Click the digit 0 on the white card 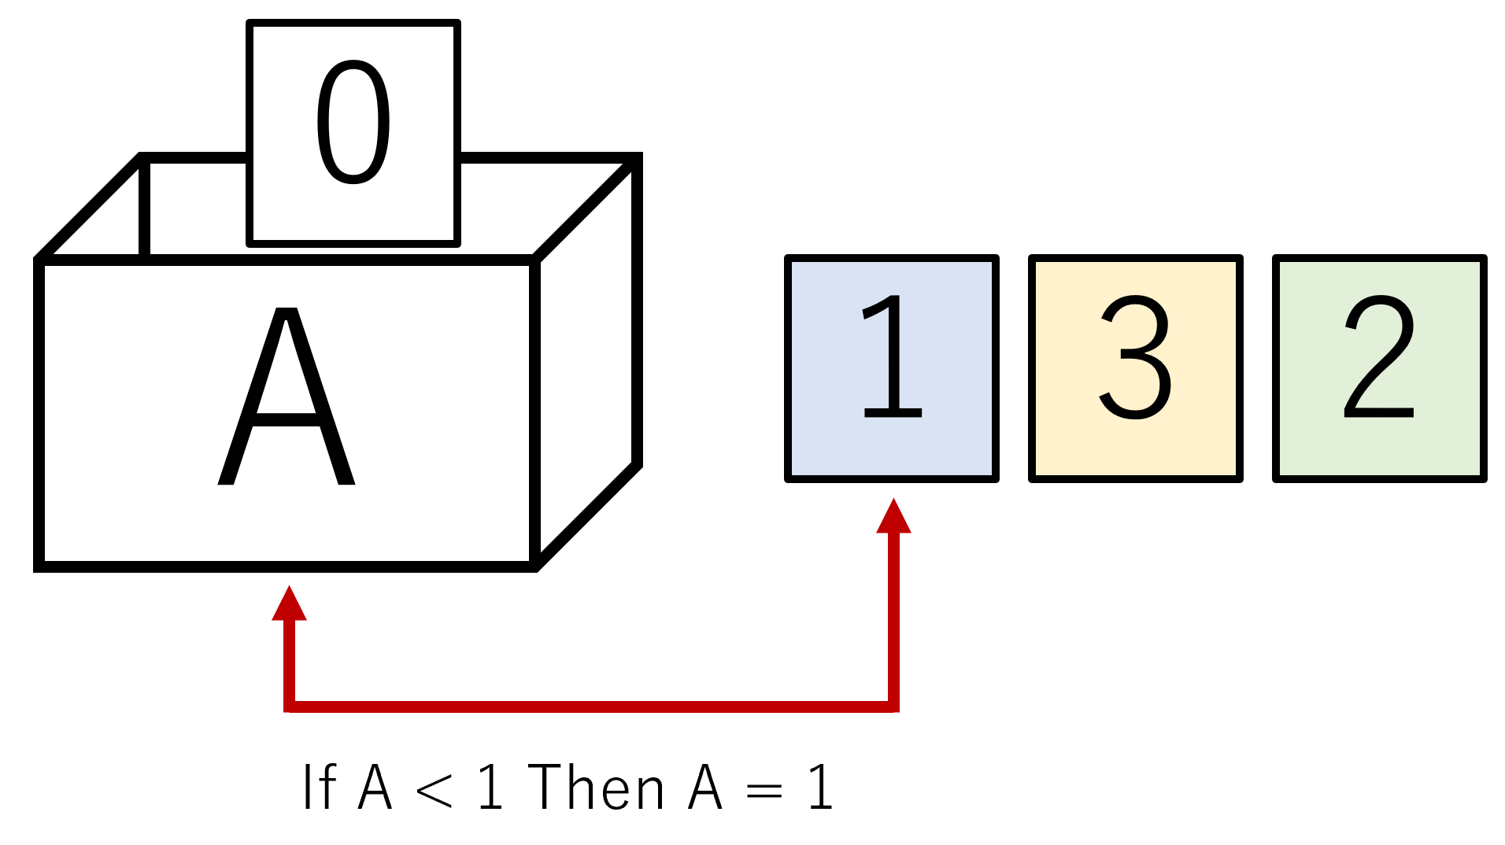pos(353,122)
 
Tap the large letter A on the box pos(287,396)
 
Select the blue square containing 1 pos(892,368)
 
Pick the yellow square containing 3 pos(1136,368)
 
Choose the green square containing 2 pos(1380,368)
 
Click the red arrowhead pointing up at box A pos(289,603)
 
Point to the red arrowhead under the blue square pos(893,515)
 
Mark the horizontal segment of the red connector pos(591,707)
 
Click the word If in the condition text pos(320,786)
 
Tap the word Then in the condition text pos(597,786)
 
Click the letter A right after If pos(375,786)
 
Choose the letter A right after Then pos(705,786)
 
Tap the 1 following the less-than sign pos(490,786)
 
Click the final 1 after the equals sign pos(821,786)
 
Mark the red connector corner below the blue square pos(893,707)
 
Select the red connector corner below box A pos(289,707)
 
